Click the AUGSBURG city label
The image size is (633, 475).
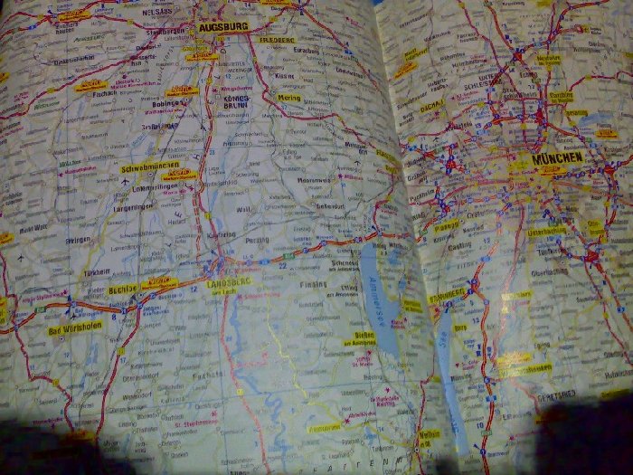coord(222,28)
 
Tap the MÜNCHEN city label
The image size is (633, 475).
coord(558,157)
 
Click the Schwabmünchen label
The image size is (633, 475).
coord(146,168)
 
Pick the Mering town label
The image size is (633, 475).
coord(289,96)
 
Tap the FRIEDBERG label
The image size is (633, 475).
coord(277,41)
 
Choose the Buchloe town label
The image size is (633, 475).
coord(121,289)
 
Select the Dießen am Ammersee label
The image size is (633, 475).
coord(358,337)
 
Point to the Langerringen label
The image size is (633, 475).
coord(134,206)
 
